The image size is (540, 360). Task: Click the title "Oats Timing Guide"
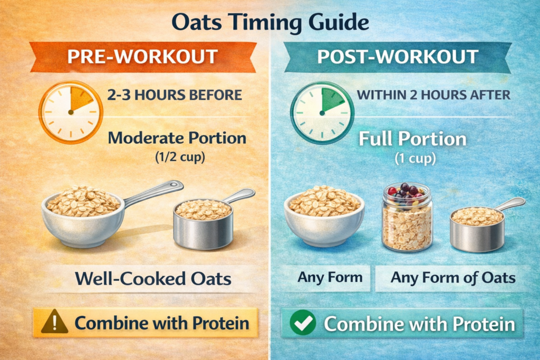(x=270, y=23)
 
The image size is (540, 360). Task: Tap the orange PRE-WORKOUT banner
(x=143, y=57)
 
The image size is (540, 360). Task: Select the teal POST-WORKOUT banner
(x=398, y=57)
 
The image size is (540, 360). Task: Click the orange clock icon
(x=71, y=112)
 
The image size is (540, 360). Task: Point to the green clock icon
(x=322, y=113)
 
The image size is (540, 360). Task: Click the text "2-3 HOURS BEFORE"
(x=175, y=95)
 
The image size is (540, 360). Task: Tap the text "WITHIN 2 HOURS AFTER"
(x=433, y=95)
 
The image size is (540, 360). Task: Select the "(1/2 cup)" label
(x=180, y=157)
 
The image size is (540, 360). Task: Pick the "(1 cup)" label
(x=415, y=158)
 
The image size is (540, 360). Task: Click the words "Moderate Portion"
(x=177, y=138)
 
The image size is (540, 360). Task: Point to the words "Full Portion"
(x=412, y=139)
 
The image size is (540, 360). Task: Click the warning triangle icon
(x=54, y=322)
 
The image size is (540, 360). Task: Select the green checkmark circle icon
(x=303, y=323)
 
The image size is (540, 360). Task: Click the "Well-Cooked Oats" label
(x=153, y=278)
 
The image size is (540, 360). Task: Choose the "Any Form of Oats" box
(x=452, y=278)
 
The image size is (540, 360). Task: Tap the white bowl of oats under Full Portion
(x=324, y=216)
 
